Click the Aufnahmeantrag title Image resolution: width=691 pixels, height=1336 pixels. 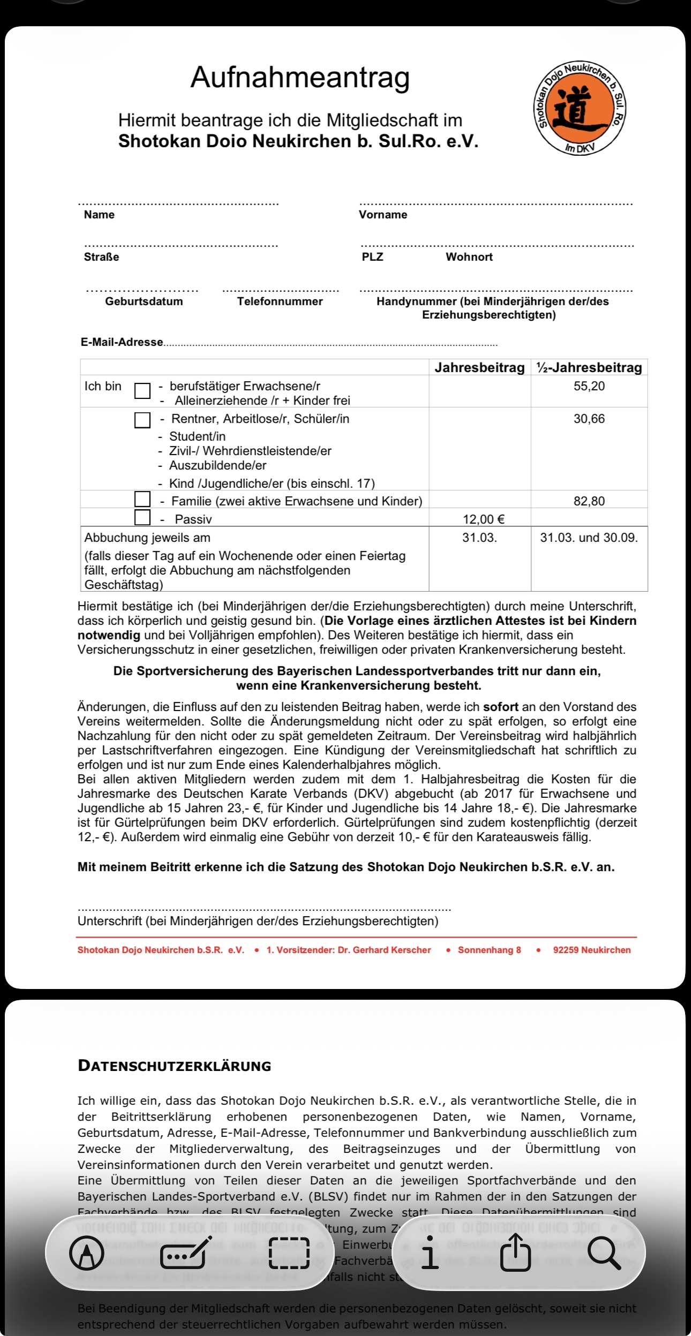click(x=300, y=78)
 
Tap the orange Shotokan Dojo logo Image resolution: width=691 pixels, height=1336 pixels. click(x=581, y=108)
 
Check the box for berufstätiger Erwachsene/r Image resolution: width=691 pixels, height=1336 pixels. click(x=142, y=390)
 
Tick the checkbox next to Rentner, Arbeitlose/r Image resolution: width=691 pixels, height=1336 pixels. click(x=142, y=420)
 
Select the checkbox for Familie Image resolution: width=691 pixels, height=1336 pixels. click(x=142, y=499)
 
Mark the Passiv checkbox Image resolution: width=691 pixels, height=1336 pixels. click(x=142, y=517)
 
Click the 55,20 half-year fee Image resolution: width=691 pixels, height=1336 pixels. click(x=589, y=386)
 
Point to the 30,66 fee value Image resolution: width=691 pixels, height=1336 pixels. click(x=589, y=419)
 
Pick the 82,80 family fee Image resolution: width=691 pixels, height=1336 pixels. click(x=589, y=501)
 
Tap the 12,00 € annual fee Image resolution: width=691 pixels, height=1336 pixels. click(x=484, y=519)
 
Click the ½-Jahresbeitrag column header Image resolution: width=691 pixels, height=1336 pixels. click(x=589, y=367)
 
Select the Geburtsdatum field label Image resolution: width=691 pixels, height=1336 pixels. click(x=144, y=301)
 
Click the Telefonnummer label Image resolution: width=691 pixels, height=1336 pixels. click(x=280, y=301)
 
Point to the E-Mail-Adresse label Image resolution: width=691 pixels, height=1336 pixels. click(x=122, y=342)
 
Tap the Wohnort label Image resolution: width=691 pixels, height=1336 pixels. click(x=469, y=257)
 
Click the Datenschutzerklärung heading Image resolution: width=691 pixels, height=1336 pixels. click(x=175, y=1066)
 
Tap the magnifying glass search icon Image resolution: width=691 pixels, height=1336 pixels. click(x=604, y=1253)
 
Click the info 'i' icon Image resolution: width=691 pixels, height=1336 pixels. click(x=429, y=1253)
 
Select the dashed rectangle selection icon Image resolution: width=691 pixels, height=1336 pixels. click(x=289, y=1253)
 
